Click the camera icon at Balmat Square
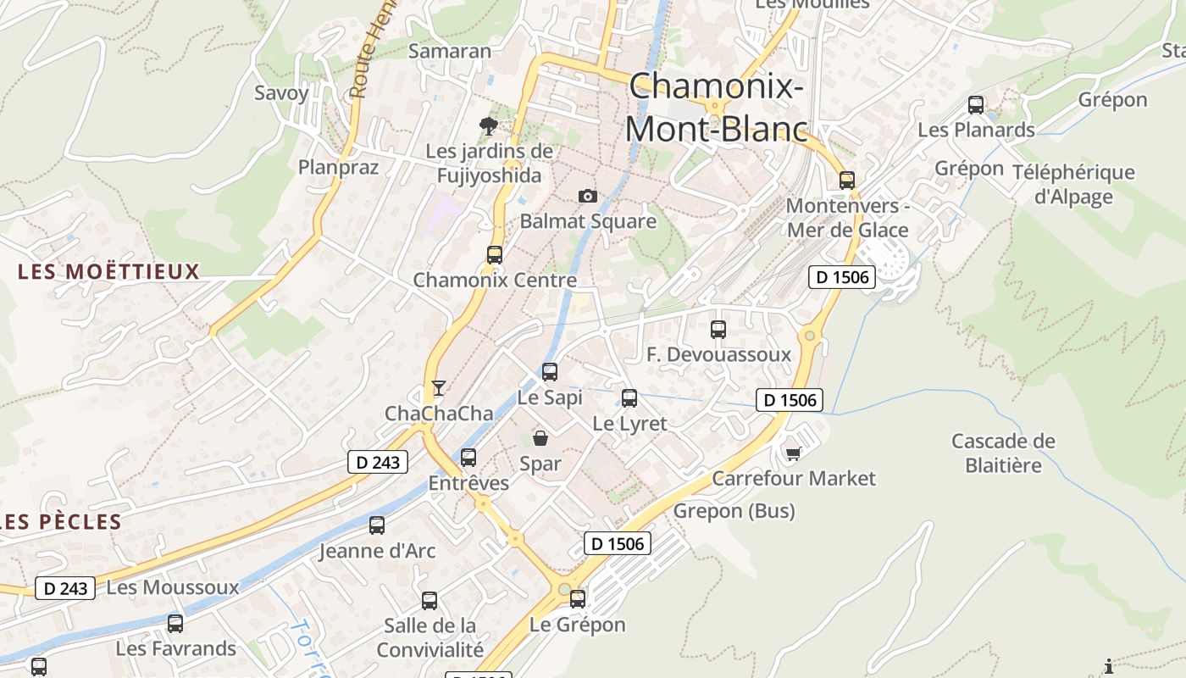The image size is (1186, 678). point(587,197)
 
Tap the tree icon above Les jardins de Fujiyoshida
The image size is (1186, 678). point(488,126)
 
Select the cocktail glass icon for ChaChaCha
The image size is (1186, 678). point(438,388)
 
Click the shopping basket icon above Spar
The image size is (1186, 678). point(540,438)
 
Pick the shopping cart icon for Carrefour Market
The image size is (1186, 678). point(793,454)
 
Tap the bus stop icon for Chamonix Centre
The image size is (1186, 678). point(494,254)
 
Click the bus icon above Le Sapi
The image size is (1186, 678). point(550,371)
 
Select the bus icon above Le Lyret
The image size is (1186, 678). point(629,397)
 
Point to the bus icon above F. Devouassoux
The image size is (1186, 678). point(718,329)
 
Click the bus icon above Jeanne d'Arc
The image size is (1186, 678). point(377,525)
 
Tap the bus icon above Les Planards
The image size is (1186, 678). point(976,105)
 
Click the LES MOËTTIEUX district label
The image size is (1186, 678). point(108,272)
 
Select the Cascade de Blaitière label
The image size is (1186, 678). point(1003,453)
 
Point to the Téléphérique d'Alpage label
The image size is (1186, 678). point(1073,185)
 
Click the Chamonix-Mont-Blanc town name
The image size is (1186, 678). point(716,107)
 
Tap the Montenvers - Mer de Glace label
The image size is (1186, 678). point(847,218)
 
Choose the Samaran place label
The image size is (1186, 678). point(449,51)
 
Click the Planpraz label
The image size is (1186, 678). point(338,167)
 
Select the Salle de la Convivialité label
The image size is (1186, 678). point(430,638)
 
